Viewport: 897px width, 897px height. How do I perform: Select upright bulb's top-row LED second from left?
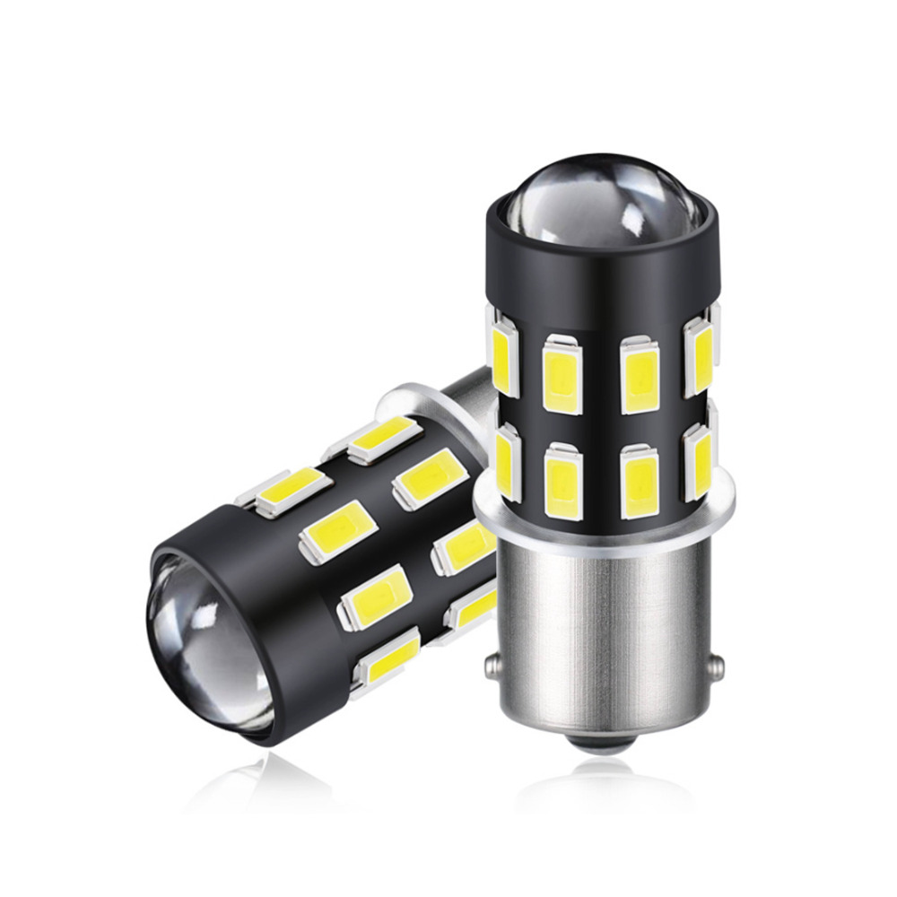tap(562, 373)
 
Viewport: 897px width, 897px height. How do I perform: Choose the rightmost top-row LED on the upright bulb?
tap(700, 357)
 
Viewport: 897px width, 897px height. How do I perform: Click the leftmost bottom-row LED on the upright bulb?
tap(505, 462)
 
